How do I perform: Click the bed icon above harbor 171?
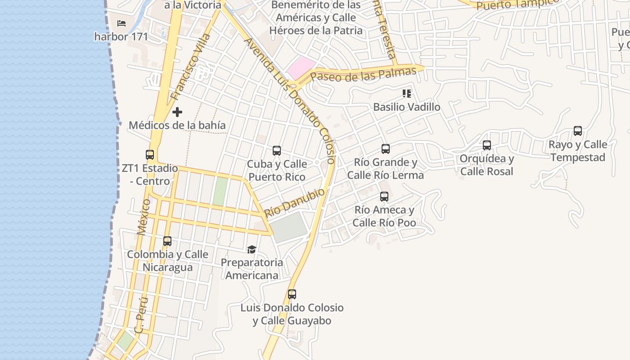[x=121, y=23]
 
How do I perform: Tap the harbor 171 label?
[x=121, y=36]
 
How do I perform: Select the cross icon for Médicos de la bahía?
[x=177, y=112]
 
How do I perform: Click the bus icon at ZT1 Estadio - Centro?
[x=150, y=155]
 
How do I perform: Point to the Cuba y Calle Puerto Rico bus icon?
[x=277, y=151]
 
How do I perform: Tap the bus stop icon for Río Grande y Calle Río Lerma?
[x=386, y=149]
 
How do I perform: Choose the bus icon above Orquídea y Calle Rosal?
[x=486, y=145]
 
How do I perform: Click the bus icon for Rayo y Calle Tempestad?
[x=578, y=131]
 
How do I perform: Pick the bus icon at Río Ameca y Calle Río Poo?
[x=384, y=197]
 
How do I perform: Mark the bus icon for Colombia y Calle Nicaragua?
[x=167, y=241]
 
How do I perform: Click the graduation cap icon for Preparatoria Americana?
[x=252, y=249]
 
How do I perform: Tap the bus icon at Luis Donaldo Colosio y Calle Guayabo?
[x=292, y=295]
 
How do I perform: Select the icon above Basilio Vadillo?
[x=407, y=94]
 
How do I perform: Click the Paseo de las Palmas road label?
[x=364, y=74]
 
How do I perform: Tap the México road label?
[x=144, y=217]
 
